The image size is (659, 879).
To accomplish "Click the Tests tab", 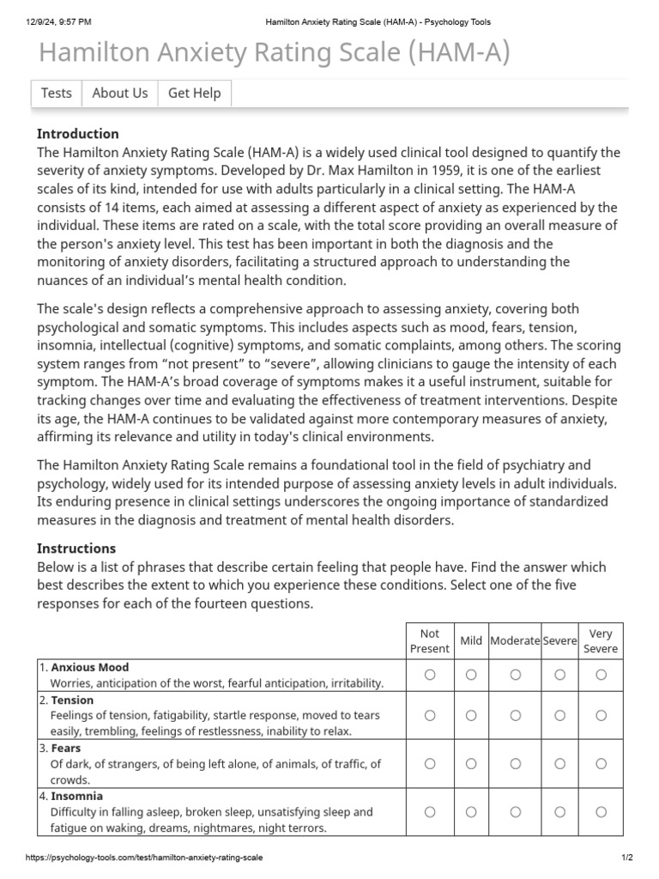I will pos(57,94).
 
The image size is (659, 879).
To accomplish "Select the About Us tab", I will pos(119,94).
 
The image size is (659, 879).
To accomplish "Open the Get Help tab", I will pos(194,94).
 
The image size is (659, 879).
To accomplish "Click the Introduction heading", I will pos(78,134).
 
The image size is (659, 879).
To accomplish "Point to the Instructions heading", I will pos(76,549).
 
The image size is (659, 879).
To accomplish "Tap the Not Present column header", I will pos(430,641).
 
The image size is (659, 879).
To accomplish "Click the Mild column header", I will pos(471,641).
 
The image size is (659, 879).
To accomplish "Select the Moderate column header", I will pos(515,641).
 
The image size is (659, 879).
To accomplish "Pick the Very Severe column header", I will pos(601,641).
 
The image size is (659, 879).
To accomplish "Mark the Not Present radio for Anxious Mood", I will pos(430,675).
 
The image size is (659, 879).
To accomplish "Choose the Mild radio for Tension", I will pos(471,715).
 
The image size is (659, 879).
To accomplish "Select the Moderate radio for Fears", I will pos(515,763).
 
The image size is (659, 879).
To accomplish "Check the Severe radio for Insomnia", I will pos(559,812).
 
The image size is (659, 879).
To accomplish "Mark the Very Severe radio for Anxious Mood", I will pos(601,675).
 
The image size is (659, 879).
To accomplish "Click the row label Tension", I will pos(72,700).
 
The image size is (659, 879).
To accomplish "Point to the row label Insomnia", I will pos(76,796).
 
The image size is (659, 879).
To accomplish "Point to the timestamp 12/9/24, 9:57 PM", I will pos(59,21).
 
